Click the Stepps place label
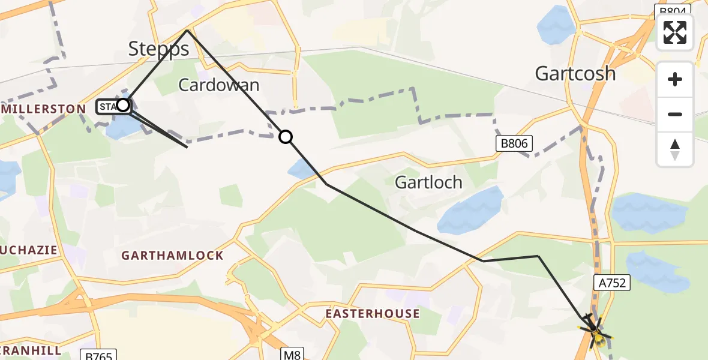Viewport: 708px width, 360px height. [x=159, y=49]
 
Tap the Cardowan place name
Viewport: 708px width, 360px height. [x=219, y=85]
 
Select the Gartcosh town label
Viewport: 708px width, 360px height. [x=575, y=74]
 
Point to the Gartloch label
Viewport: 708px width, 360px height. [x=428, y=182]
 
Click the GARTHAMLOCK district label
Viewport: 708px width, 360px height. [x=172, y=256]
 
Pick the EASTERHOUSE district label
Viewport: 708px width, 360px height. [x=373, y=314]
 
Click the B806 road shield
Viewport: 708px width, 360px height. [x=514, y=143]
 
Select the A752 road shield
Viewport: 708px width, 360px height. [x=611, y=283]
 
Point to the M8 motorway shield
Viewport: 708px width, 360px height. [x=292, y=355]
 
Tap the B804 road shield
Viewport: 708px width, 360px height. [x=672, y=9]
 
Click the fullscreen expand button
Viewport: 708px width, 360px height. [x=675, y=32]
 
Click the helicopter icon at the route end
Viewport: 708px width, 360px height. [x=594, y=329]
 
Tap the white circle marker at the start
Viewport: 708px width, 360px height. [x=122, y=106]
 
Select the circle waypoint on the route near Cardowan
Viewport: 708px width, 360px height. [x=286, y=137]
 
